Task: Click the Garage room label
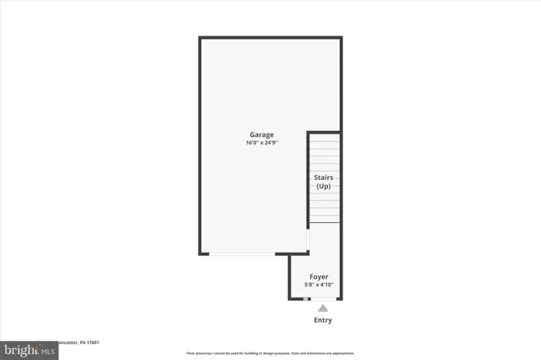(x=261, y=135)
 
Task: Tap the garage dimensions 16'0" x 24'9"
(x=261, y=143)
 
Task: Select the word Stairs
(x=324, y=177)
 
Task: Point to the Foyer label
(x=319, y=277)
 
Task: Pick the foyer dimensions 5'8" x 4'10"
(x=319, y=286)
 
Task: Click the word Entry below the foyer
(x=323, y=320)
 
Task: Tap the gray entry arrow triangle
(x=323, y=308)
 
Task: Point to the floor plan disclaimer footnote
(x=270, y=353)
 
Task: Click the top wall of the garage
(x=270, y=38)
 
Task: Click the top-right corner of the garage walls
(x=341, y=38)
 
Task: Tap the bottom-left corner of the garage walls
(x=200, y=253)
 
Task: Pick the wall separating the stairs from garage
(x=308, y=177)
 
